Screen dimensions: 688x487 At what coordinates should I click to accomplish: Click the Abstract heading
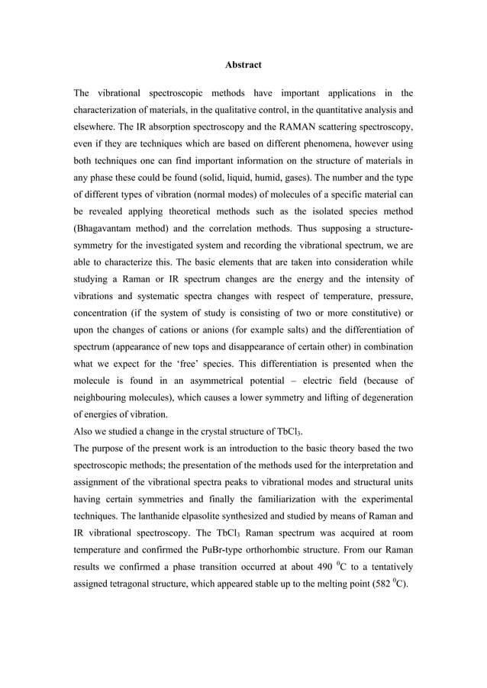(243, 66)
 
